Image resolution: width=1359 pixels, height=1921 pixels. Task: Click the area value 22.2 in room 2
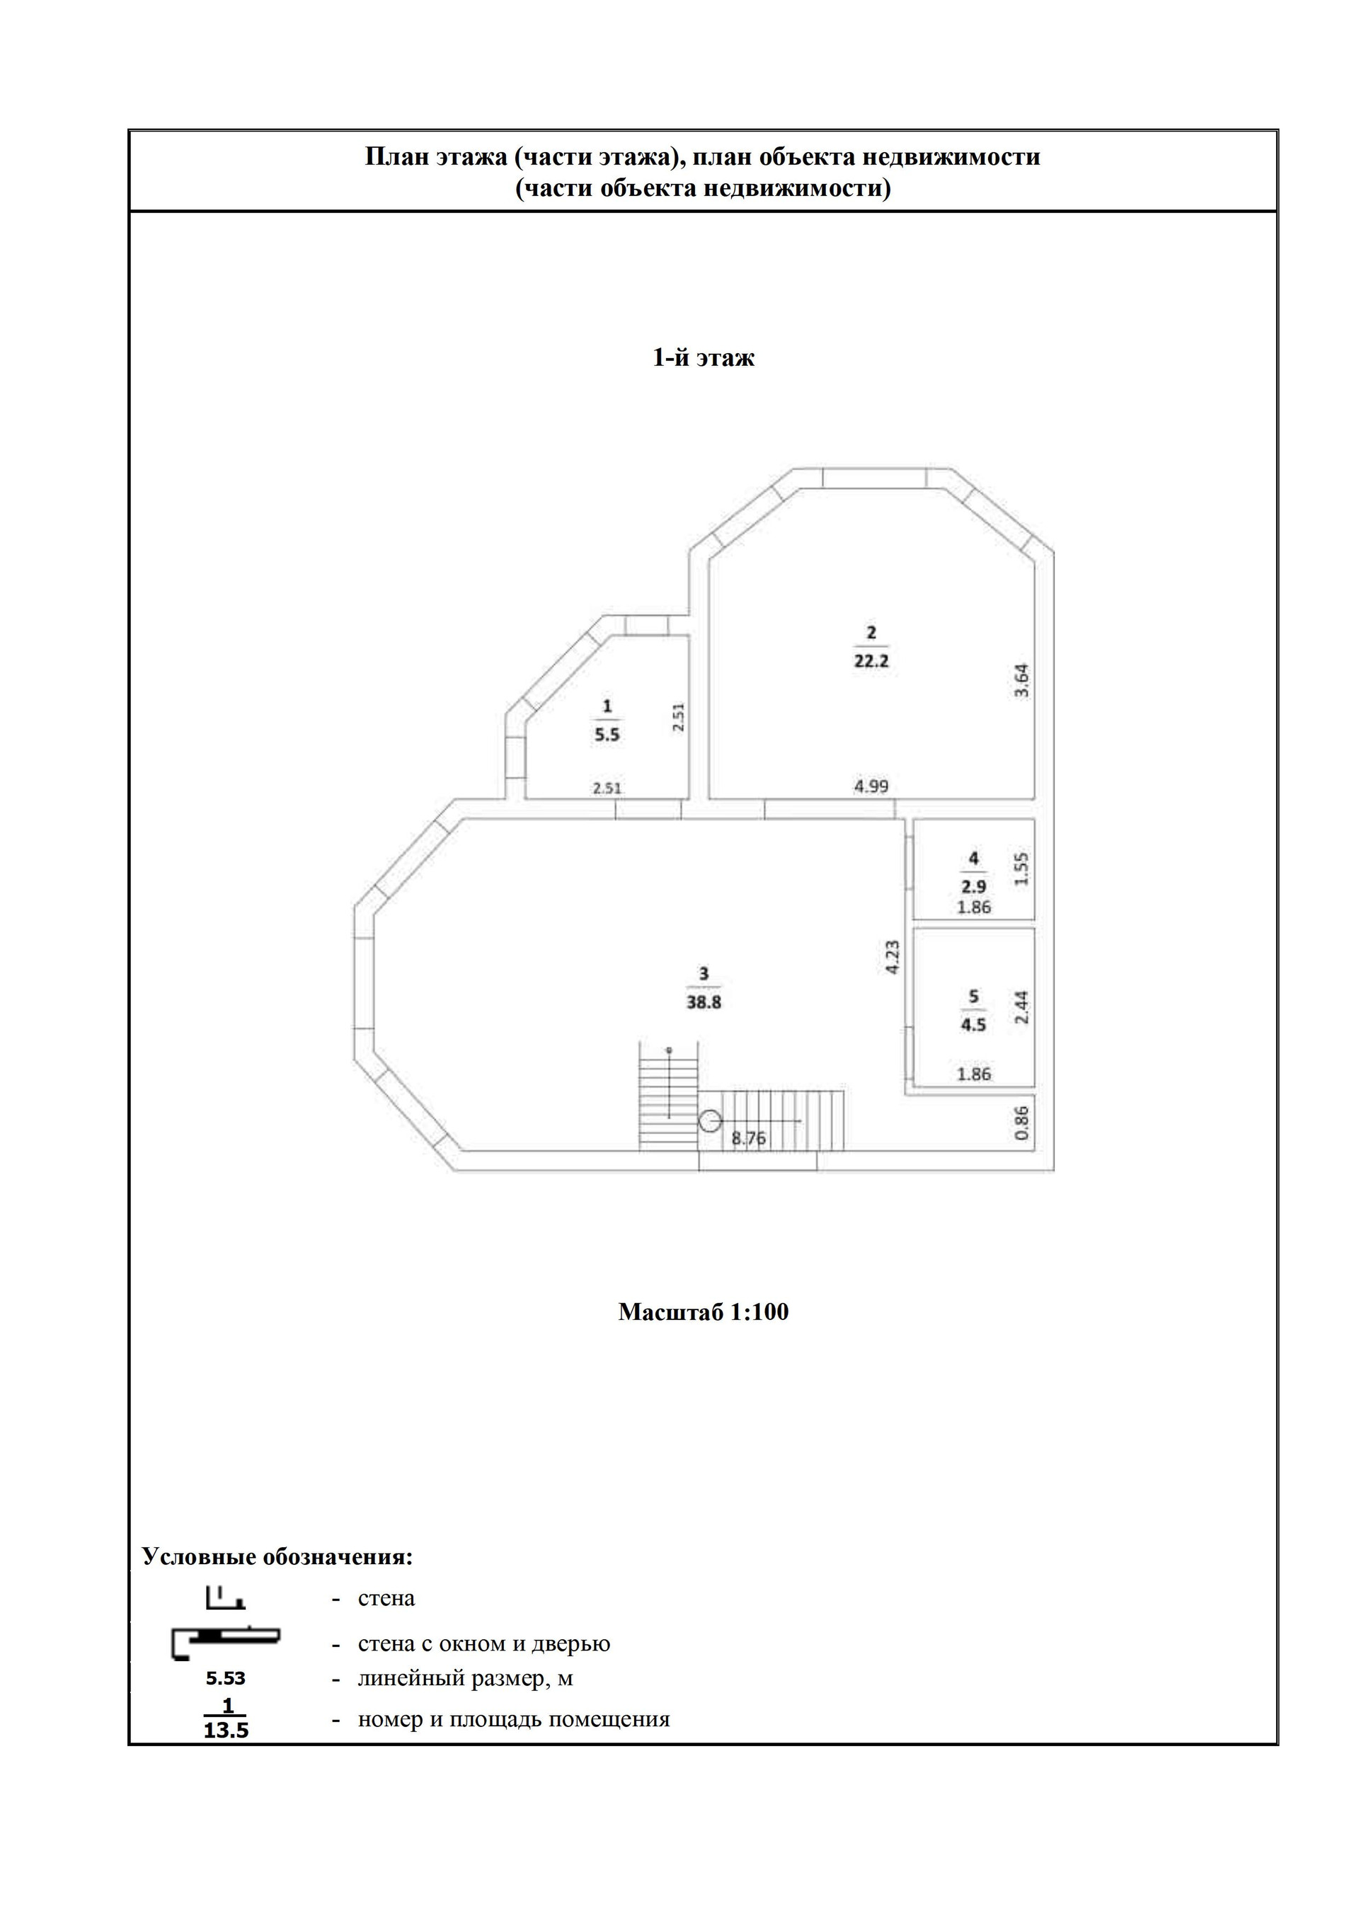(x=871, y=661)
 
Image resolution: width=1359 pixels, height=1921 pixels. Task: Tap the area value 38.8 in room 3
(x=704, y=1002)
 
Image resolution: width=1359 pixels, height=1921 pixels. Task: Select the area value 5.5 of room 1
(x=607, y=735)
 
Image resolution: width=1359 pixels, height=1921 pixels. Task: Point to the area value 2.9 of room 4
(x=973, y=887)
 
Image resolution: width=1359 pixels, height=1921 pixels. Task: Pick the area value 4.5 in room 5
(x=973, y=1024)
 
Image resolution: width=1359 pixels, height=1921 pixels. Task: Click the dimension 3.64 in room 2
(x=1021, y=681)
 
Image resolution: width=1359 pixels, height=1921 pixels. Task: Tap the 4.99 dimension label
(x=871, y=786)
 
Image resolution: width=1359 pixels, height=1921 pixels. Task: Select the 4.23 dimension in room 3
(x=892, y=957)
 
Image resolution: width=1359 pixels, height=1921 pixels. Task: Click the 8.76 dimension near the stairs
(x=748, y=1138)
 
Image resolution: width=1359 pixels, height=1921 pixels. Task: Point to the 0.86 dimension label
(x=1021, y=1123)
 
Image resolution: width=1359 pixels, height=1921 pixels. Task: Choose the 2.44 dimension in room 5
(x=1021, y=1007)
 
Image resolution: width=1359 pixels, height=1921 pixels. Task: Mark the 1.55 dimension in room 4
(x=1021, y=869)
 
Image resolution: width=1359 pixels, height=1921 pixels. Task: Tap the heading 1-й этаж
(x=703, y=358)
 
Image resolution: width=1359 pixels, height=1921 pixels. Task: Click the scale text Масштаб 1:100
(x=703, y=1311)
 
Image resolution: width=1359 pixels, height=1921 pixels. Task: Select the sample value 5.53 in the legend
(x=226, y=1678)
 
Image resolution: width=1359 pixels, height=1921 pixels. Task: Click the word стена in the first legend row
(x=386, y=1598)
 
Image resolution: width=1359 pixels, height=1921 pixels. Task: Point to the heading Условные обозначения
(x=277, y=1556)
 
